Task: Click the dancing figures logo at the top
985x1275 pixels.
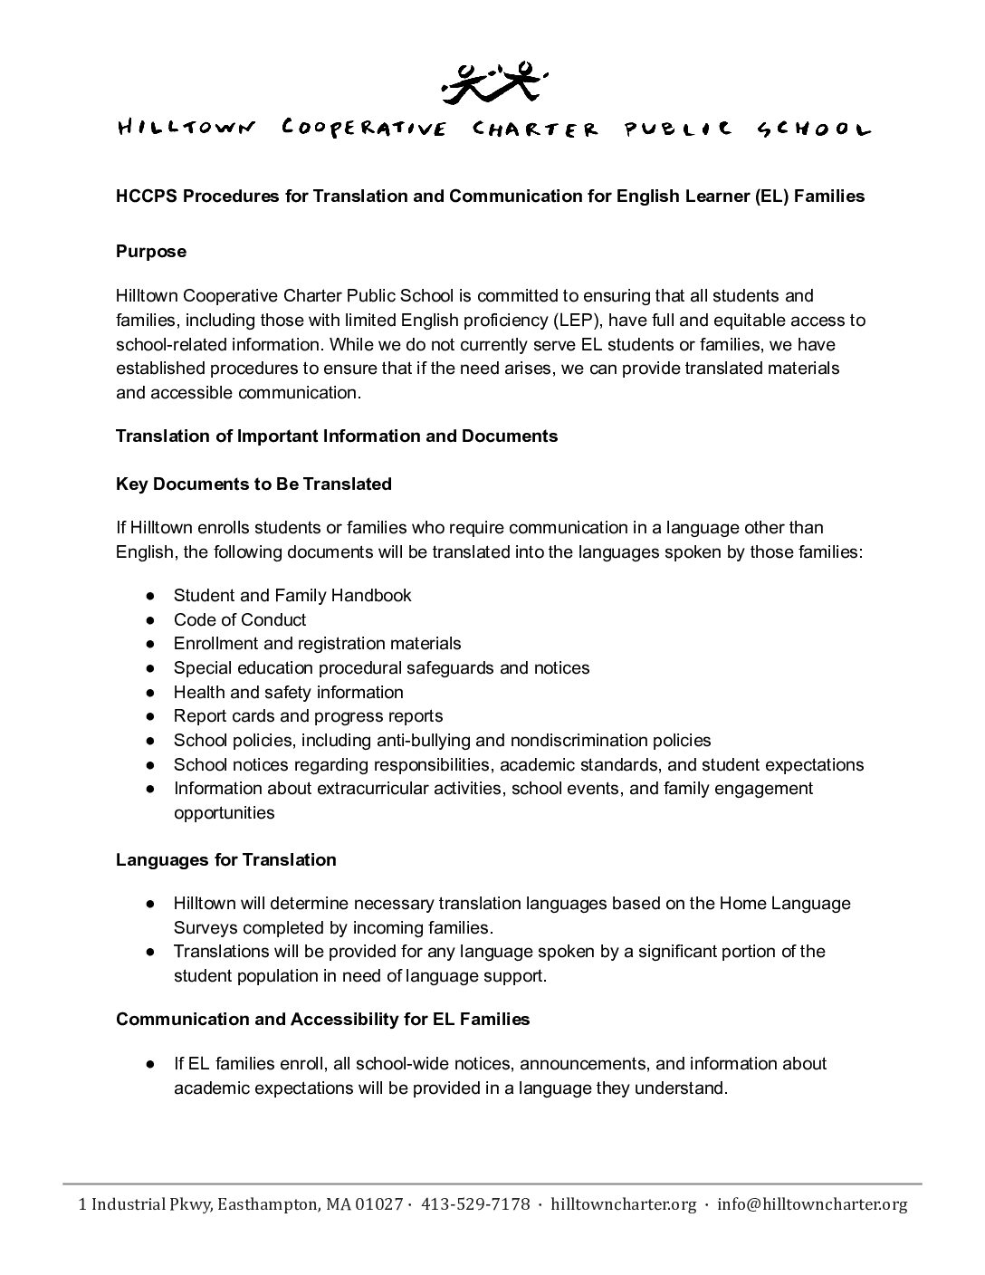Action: click(492, 80)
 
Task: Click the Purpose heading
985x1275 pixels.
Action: click(151, 252)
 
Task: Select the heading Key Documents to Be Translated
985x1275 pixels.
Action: click(253, 484)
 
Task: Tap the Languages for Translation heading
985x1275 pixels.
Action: click(225, 860)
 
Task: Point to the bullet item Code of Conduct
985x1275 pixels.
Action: click(240, 620)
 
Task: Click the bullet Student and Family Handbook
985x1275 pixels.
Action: click(292, 596)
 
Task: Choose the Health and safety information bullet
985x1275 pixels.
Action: click(288, 693)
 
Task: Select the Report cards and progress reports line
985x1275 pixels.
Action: click(308, 716)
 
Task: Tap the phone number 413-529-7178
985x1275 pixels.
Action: click(476, 1204)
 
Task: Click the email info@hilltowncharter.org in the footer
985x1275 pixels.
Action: click(811, 1204)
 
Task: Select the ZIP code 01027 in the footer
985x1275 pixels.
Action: click(378, 1204)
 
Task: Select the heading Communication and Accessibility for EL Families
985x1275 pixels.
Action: click(322, 1020)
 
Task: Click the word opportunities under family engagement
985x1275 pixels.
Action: click(224, 813)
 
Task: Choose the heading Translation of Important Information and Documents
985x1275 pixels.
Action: click(337, 436)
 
